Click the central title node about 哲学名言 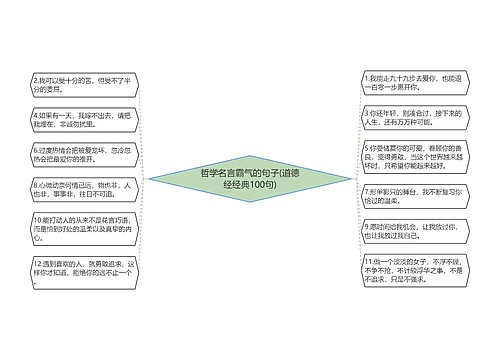[x=249, y=179]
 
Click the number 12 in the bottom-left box [x=37, y=262]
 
